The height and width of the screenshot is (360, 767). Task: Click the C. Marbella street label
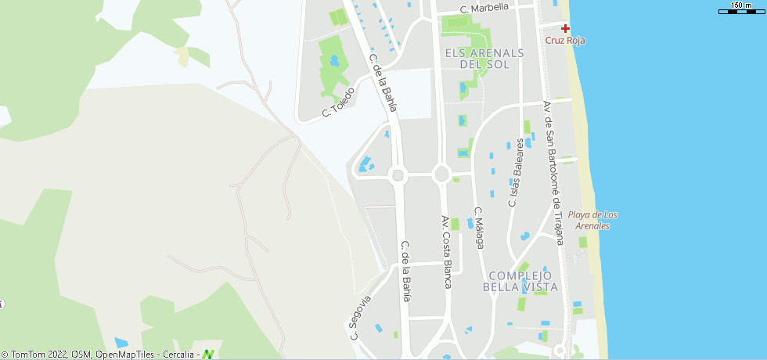click(x=484, y=8)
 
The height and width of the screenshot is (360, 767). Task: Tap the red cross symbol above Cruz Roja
click(x=565, y=28)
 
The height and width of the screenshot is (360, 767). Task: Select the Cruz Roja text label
click(x=565, y=41)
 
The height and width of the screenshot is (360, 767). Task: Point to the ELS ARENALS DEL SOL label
click(x=484, y=59)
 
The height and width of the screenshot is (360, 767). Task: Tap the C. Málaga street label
click(x=480, y=228)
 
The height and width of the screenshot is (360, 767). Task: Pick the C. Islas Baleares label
click(x=516, y=173)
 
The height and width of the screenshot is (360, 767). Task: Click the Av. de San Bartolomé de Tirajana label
click(x=553, y=172)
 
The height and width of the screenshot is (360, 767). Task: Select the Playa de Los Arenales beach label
click(x=592, y=220)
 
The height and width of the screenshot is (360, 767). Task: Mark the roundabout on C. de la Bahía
click(x=398, y=175)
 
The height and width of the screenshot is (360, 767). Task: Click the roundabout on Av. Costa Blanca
click(x=441, y=174)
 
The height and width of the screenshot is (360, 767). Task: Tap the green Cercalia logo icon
click(x=208, y=355)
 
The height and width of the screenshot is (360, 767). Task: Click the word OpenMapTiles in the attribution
click(x=125, y=355)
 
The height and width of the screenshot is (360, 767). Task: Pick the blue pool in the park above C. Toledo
click(x=334, y=60)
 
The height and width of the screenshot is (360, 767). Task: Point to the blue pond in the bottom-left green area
click(x=121, y=343)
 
